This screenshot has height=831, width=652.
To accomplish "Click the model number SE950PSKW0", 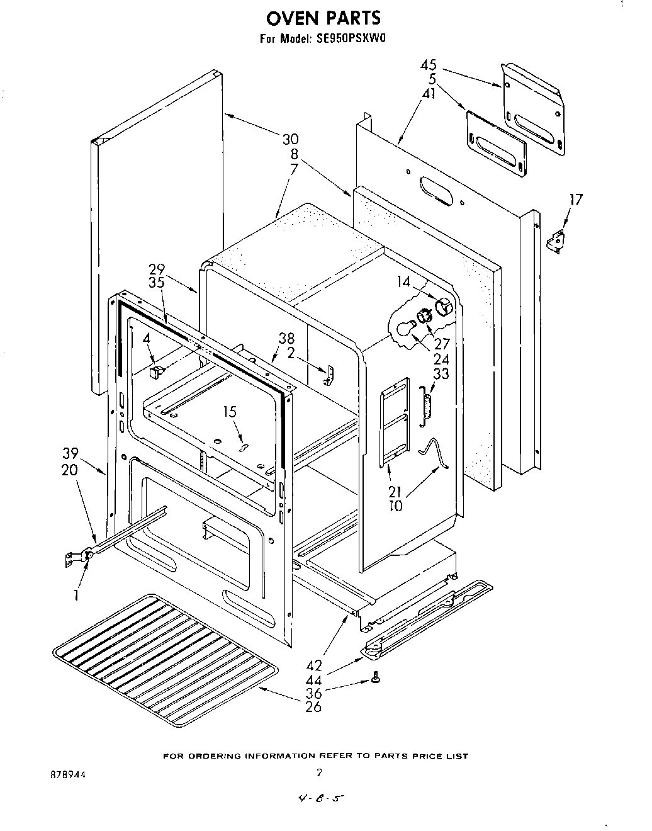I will (349, 38).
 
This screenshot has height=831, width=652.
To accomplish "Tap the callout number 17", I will (575, 200).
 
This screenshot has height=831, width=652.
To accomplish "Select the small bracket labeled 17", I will (555, 240).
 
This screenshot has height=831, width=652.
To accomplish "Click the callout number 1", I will (76, 592).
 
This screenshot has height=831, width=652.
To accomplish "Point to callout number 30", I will (290, 139).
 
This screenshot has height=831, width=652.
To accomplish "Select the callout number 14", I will (403, 283).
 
